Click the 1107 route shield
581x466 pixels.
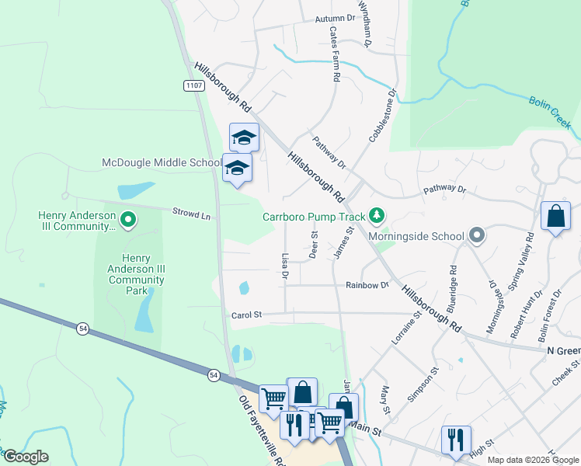click(195, 85)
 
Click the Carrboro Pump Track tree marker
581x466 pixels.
click(377, 215)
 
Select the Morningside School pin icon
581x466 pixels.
click(477, 235)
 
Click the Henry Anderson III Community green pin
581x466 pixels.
click(128, 221)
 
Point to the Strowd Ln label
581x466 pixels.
click(191, 214)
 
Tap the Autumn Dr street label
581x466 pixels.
click(335, 19)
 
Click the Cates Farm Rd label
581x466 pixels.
click(334, 54)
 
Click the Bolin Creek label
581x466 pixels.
click(551, 112)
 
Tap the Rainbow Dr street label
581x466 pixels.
click(367, 286)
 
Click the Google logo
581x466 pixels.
click(25, 457)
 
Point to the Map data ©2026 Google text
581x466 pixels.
click(533, 460)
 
